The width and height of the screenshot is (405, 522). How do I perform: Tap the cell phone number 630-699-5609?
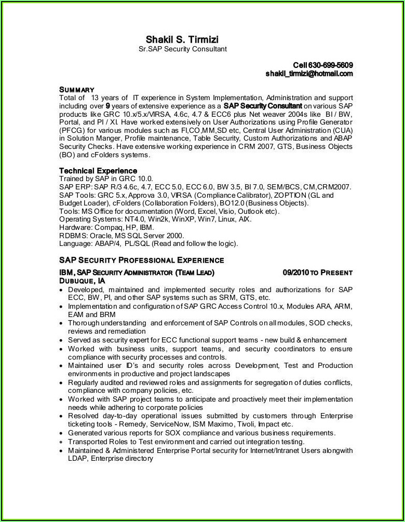coord(331,65)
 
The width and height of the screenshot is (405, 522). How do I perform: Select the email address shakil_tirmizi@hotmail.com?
coord(309,74)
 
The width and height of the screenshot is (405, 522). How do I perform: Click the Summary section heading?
coord(76,89)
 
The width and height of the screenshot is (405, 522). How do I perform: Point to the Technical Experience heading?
coord(98,171)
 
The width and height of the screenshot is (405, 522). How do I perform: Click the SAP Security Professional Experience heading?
coord(141,260)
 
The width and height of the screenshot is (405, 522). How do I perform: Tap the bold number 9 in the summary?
coord(107,106)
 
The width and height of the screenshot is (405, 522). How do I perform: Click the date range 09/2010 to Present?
coord(317,272)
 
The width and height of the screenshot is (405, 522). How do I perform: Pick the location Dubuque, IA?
coord(82,280)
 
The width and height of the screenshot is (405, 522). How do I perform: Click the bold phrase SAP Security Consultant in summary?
coord(263,106)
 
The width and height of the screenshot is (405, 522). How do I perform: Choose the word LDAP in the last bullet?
coord(77,458)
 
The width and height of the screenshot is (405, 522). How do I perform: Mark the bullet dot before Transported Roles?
coord(62,442)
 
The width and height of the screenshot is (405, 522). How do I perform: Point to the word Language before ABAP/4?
coord(76,243)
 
